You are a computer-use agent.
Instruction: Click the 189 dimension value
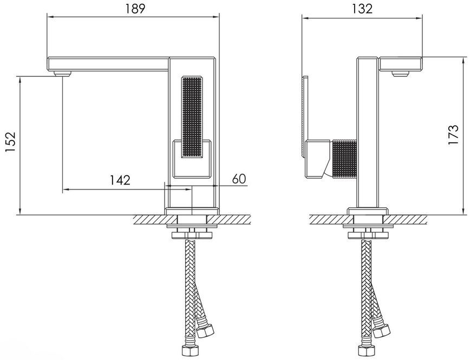tap(135, 9)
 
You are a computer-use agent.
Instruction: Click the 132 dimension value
tap(362, 9)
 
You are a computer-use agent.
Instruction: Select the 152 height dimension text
tap(10, 141)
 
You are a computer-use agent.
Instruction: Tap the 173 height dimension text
tap(453, 135)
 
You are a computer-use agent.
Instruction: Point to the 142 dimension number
tap(120, 180)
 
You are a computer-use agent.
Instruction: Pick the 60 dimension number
tap(239, 179)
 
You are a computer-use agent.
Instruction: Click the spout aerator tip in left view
tap(62, 74)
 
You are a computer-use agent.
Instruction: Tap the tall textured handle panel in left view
tap(192, 117)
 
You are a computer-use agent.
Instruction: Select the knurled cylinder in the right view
tap(344, 159)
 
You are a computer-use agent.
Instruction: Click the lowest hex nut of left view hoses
tap(190, 351)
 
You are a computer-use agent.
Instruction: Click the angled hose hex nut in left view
tap(205, 331)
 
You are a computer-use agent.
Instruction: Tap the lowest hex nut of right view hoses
tap(366, 351)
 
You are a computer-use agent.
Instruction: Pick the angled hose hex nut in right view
tap(381, 331)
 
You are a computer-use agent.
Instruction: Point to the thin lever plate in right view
tap(305, 116)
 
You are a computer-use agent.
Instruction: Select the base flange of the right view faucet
tap(368, 211)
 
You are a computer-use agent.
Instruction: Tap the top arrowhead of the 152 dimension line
tap(20, 80)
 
